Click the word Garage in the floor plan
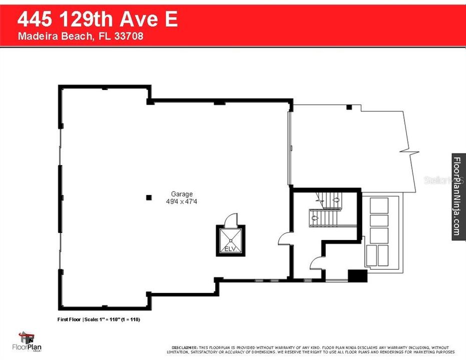[x=182, y=194]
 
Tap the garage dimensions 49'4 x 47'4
[x=182, y=201]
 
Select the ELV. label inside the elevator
[x=230, y=248]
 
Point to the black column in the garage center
[x=149, y=197]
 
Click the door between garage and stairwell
[x=284, y=238]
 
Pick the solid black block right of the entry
[x=357, y=276]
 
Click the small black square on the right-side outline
[x=350, y=107]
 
